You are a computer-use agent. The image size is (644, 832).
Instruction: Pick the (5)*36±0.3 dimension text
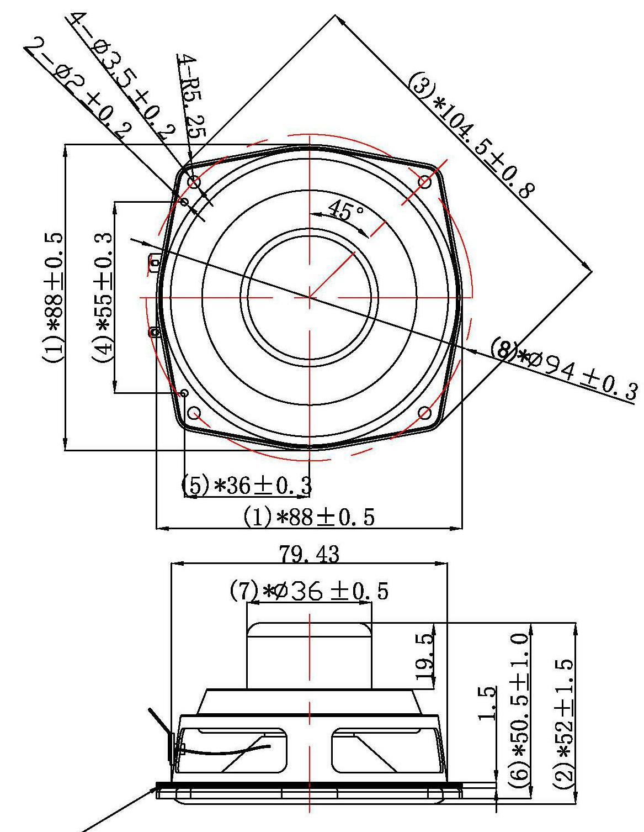pos(247,486)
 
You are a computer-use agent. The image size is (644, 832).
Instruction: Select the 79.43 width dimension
pos(309,554)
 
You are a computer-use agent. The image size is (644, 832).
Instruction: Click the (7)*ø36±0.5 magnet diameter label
pos(309,592)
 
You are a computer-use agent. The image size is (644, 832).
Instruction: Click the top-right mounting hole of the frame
pos(425,181)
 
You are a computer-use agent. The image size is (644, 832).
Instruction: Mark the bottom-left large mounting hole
pos(194,413)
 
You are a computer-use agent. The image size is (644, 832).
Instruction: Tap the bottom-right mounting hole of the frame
pos(425,413)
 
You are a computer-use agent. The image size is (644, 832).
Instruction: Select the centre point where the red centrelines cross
pos(310,297)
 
